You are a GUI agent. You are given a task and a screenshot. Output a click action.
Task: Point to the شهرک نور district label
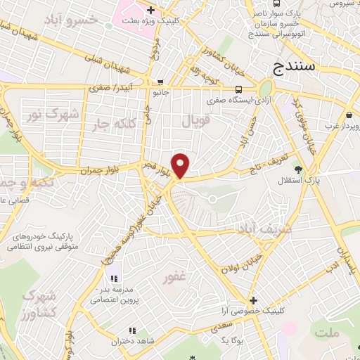pos(43,113)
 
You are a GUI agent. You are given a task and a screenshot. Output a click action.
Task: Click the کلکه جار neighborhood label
pos(111,124)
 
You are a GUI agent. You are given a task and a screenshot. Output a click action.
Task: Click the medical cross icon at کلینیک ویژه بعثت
pos(149,10)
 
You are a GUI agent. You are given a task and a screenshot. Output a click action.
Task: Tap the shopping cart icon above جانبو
pos(161,81)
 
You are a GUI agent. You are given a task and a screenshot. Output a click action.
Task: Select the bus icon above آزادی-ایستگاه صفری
pos(240,89)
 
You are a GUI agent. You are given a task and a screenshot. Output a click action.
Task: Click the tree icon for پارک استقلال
pos(298,169)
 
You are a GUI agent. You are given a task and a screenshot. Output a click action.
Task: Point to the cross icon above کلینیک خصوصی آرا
pos(254,300)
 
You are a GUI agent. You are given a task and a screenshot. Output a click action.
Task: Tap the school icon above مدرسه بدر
pos(114,278)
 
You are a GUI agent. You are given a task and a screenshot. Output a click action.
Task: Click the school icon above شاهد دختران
pos(131,330)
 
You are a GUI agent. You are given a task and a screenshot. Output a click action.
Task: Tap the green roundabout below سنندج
pos(265,89)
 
